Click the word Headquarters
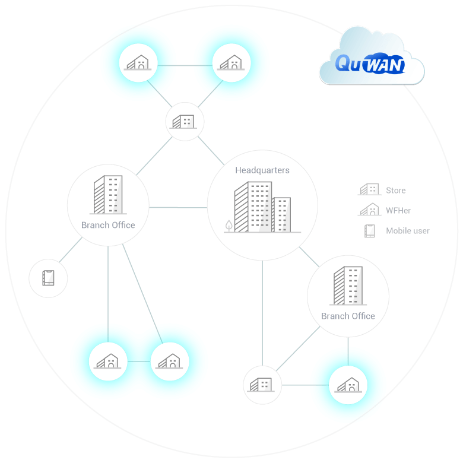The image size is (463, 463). pos(262,170)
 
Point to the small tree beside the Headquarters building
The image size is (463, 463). pos(229,226)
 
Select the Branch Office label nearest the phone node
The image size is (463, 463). pos(108,225)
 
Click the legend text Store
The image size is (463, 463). pos(395,191)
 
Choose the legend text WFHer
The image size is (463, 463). pos(398,211)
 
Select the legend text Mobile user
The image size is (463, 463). pos(407,231)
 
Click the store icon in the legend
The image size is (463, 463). pos(369,190)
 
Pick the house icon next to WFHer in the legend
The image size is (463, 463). pos(369,210)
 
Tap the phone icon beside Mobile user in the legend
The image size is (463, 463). pos(370,231)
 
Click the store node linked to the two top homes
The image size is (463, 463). pos(185,122)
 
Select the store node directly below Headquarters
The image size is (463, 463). pos(262,385)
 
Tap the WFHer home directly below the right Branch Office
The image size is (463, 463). pos(348,385)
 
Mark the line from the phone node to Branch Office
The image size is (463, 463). pos(71,250)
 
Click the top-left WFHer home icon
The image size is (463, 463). pos(138,63)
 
